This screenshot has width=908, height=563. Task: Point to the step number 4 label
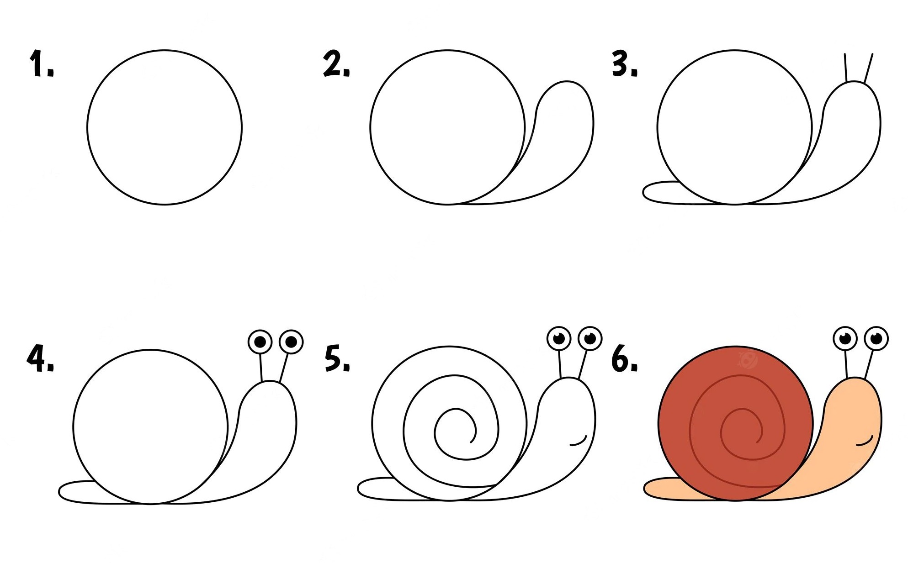click(x=41, y=358)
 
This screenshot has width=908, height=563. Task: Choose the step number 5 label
click(x=337, y=358)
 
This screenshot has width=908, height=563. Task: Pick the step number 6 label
click(x=625, y=358)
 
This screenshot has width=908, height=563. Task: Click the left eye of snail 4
click(x=260, y=342)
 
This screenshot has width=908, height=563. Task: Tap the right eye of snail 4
click(x=291, y=342)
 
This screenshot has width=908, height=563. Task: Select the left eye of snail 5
click(x=559, y=338)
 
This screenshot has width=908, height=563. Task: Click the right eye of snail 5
click(x=590, y=338)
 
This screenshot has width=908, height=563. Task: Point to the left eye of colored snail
click(x=845, y=338)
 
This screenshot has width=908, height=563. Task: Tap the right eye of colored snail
click(x=876, y=338)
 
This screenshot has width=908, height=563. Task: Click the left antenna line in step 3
click(x=846, y=68)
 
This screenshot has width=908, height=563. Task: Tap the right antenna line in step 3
click(x=868, y=68)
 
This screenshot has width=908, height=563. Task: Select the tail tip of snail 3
click(x=644, y=193)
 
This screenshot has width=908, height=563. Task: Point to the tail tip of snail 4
click(x=59, y=492)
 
